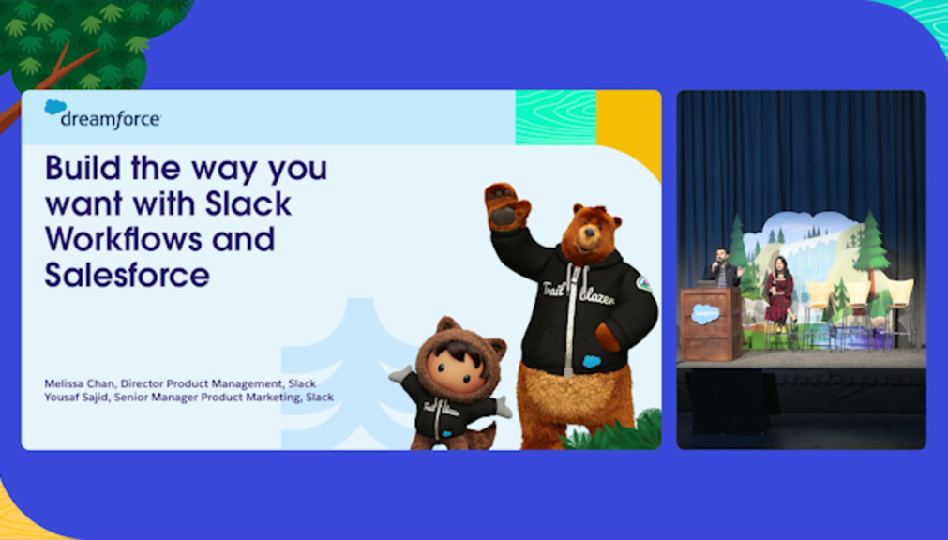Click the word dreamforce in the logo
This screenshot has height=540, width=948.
coord(111,119)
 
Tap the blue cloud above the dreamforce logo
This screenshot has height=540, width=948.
coord(55,107)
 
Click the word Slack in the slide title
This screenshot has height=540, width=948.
coord(248,203)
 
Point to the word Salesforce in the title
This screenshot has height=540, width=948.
coord(128,275)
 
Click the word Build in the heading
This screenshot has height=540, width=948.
coord(83,168)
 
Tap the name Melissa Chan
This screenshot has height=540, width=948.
coord(79,383)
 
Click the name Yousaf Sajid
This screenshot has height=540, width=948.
coord(76,397)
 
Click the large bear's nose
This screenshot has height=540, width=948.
coord(579,234)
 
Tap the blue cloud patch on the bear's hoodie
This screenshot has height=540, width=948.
coord(592,362)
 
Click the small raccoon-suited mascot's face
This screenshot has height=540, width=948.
coord(456,367)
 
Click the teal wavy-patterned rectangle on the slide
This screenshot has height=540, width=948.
coord(556,117)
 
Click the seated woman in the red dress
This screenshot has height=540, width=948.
coord(778,294)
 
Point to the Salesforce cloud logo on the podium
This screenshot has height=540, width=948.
coord(705,315)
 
